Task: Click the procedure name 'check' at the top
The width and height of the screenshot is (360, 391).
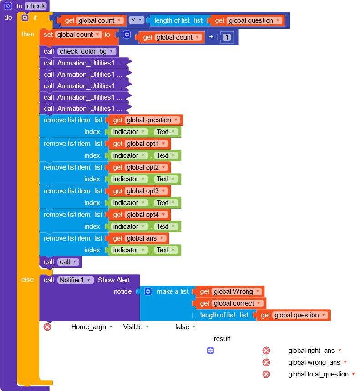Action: click(35, 6)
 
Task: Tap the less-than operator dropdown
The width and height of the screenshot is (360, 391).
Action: click(137, 20)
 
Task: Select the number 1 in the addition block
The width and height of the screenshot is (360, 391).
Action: click(227, 37)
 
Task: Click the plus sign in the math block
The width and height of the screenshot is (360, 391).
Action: click(211, 37)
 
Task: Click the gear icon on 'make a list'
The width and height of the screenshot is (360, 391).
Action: click(148, 291)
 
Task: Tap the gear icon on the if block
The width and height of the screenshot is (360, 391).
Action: click(25, 17)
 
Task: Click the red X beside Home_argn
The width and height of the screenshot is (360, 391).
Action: click(47, 326)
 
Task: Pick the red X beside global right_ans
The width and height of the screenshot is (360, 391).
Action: click(266, 351)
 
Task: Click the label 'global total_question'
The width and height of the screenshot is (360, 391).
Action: click(318, 374)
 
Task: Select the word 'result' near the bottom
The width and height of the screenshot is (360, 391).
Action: click(222, 339)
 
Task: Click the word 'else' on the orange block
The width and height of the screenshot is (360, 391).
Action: click(27, 280)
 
